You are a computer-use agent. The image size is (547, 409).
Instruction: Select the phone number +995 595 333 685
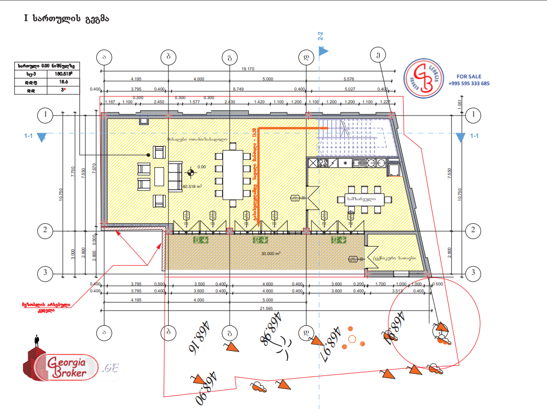tap(469, 84)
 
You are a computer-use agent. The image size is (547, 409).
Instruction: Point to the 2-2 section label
tap(321, 37)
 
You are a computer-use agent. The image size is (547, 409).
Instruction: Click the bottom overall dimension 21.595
tap(267, 309)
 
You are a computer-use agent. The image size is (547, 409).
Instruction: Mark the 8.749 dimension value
tap(238, 89)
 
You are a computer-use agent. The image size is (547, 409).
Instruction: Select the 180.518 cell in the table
tap(64, 74)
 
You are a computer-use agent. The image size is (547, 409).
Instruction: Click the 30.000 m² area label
tap(271, 254)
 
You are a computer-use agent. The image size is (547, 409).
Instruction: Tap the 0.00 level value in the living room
tap(201, 167)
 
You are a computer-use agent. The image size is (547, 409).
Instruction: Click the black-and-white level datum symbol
tap(190, 173)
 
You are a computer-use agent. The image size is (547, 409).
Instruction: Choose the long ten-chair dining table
tap(232, 175)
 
